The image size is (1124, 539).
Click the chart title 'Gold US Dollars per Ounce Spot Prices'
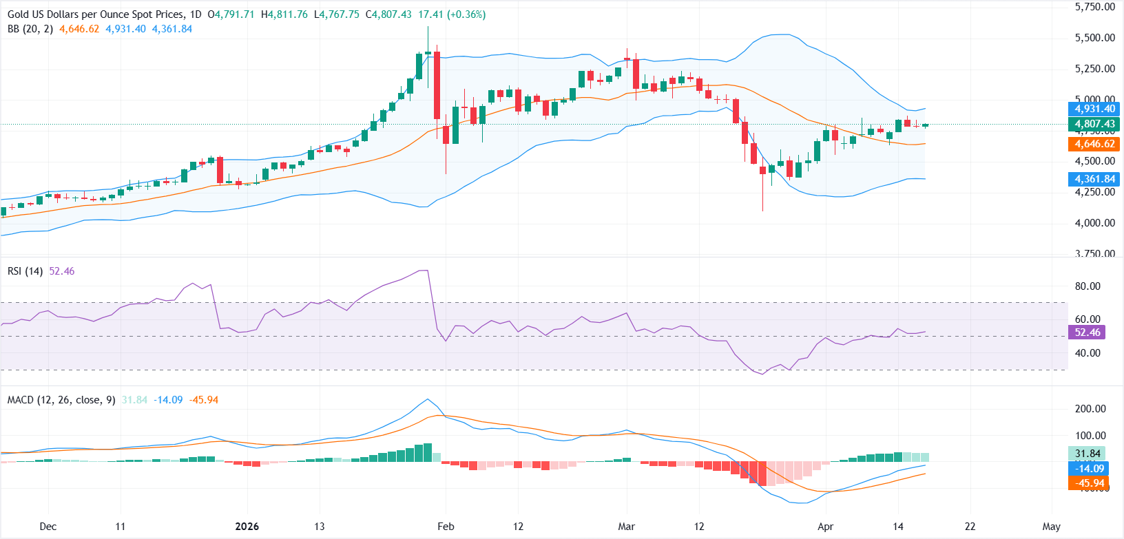(x=96, y=14)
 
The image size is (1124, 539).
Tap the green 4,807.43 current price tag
(x=1094, y=125)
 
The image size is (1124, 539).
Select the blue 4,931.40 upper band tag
(x=1094, y=109)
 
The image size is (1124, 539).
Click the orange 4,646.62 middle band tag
(x=1094, y=144)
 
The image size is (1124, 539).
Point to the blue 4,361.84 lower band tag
(x=1094, y=179)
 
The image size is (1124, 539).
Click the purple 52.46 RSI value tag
(x=1087, y=332)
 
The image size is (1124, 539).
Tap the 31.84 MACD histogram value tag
(x=1087, y=454)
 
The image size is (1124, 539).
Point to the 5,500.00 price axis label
(x=1094, y=38)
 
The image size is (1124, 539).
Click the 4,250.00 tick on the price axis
(x=1094, y=192)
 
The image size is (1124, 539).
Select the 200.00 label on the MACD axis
(x=1090, y=409)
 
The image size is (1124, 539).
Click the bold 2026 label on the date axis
(x=247, y=527)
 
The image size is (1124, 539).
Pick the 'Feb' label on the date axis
(x=446, y=527)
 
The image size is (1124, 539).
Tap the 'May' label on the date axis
(x=1051, y=527)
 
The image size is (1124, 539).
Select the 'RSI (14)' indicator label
(x=25, y=271)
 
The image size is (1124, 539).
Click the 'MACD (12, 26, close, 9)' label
(x=61, y=400)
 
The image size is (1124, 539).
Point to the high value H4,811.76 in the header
(x=284, y=14)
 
